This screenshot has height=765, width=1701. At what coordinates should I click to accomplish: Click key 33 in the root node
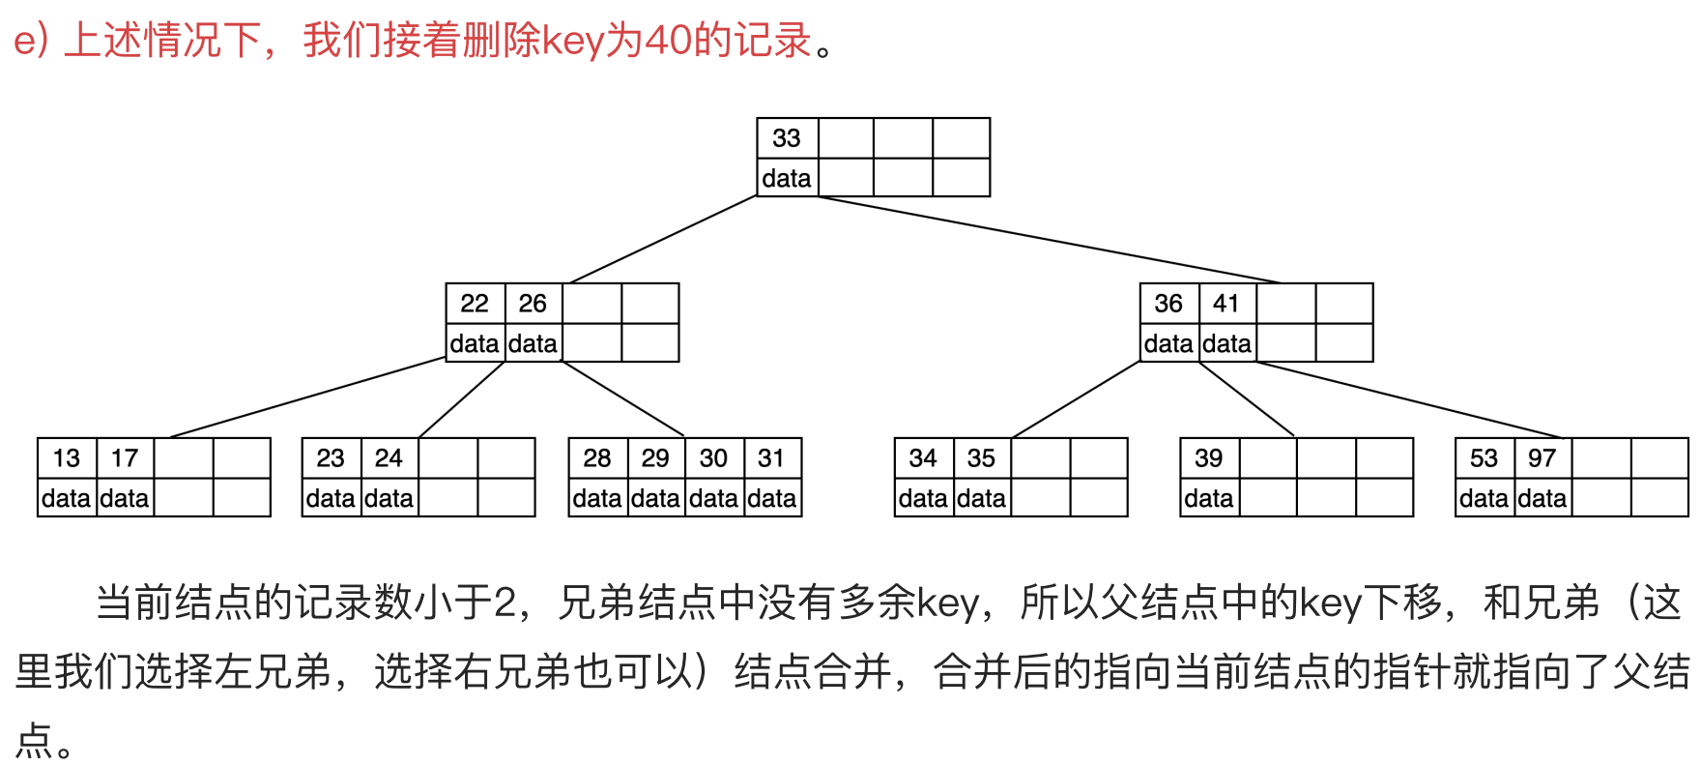coord(787,138)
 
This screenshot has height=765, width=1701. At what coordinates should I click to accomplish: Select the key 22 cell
coord(475,304)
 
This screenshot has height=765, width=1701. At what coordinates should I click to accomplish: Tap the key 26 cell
coord(533,304)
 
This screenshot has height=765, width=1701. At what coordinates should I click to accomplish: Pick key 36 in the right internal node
coord(1168,304)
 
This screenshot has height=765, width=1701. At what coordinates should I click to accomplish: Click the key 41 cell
coord(1226,304)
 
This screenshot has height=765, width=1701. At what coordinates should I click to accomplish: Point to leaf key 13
coord(67,458)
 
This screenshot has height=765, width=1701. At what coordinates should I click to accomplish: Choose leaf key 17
coord(125,458)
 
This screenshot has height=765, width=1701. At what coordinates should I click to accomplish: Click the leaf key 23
coord(331,458)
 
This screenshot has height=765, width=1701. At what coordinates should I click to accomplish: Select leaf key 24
coord(389,458)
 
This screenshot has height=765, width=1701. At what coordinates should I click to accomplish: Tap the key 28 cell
coord(597,458)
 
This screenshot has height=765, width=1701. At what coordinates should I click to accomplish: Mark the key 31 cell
coord(771,458)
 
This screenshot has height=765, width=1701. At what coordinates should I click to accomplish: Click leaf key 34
coord(923,458)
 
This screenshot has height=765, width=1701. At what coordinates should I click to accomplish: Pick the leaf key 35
coord(981,458)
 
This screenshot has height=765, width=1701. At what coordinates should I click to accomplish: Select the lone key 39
coord(1209,458)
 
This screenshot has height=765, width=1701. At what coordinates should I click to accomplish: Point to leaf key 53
coord(1484,458)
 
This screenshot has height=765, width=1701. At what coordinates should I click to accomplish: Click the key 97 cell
coord(1542,458)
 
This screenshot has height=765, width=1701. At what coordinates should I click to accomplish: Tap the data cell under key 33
coord(787,178)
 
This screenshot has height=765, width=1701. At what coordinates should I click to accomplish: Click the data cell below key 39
coord(1209,498)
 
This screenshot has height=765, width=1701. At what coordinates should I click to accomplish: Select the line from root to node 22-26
coord(663,240)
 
